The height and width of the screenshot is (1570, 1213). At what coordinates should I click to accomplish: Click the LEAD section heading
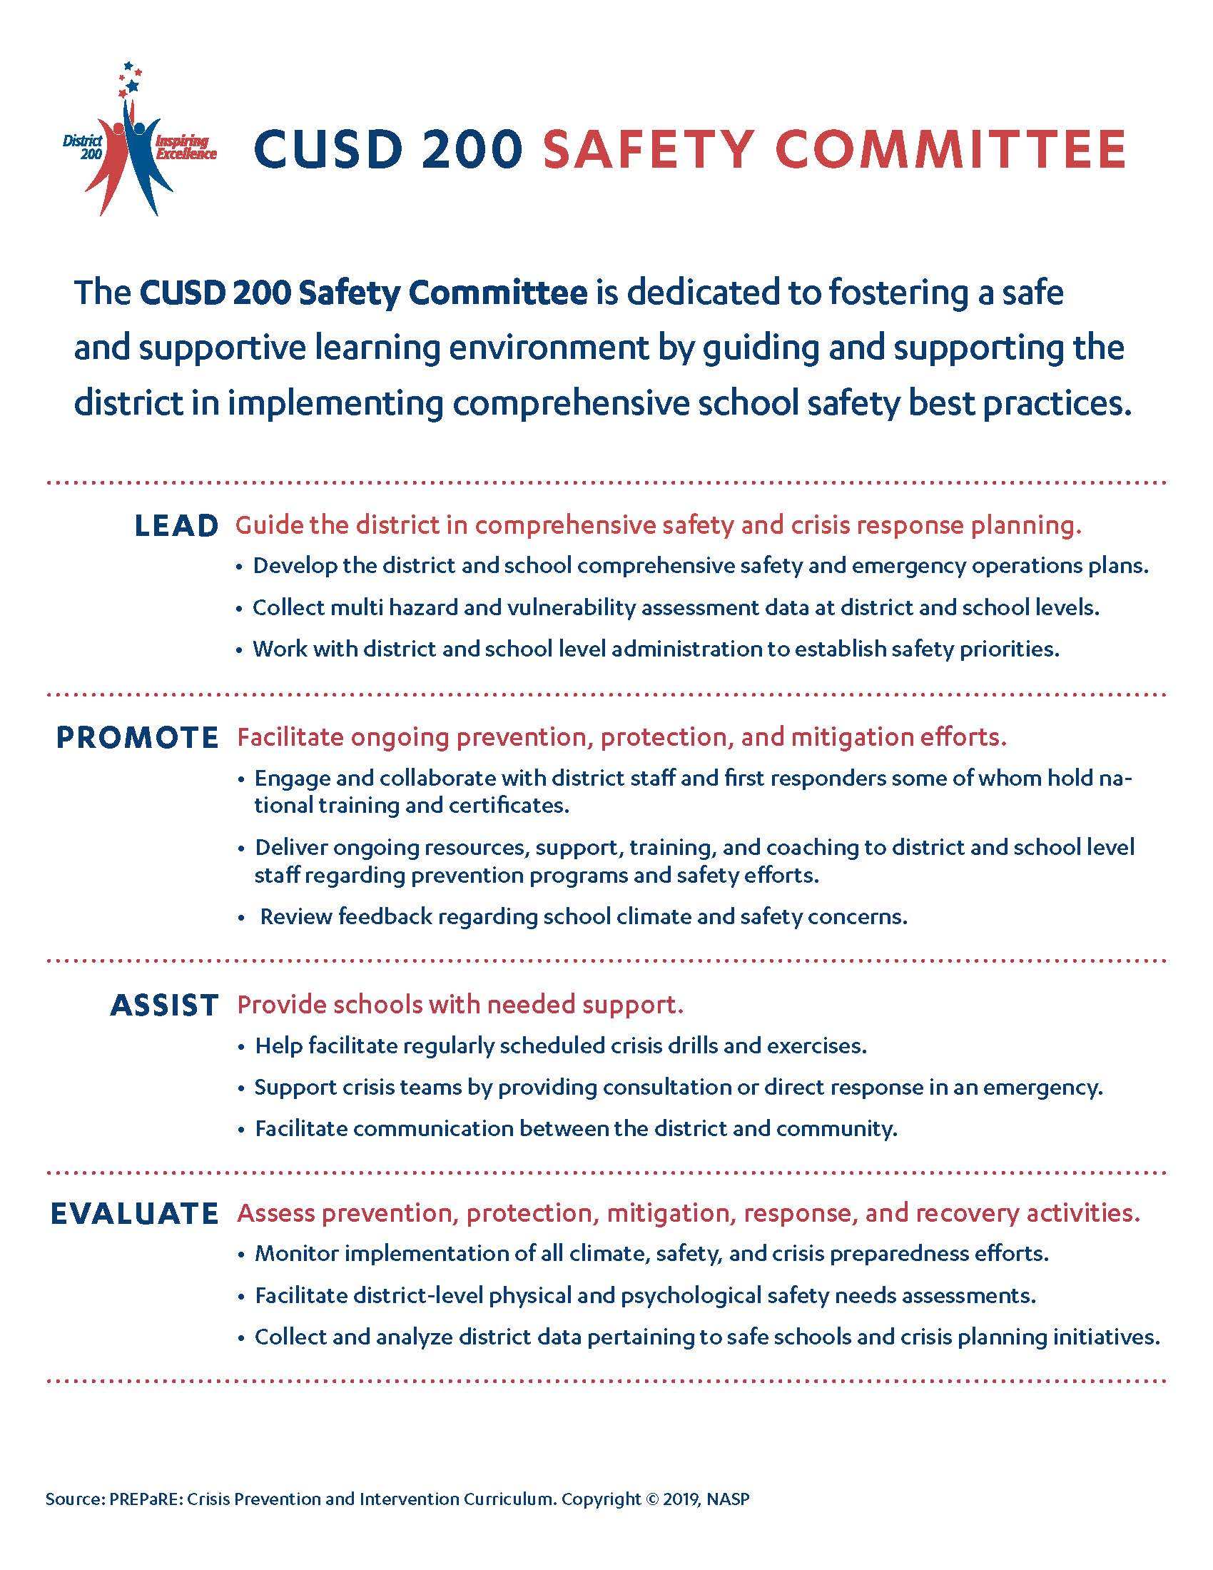click(x=176, y=526)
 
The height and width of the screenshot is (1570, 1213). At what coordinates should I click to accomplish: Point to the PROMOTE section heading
click(x=137, y=739)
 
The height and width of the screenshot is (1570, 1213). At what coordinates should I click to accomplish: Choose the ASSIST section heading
click(x=164, y=1005)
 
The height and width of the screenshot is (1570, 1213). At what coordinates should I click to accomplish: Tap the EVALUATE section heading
click(x=134, y=1213)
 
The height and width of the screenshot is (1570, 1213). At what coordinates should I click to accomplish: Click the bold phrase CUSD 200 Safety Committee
click(x=363, y=293)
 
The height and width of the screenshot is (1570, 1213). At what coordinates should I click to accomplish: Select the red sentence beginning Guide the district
click(x=658, y=525)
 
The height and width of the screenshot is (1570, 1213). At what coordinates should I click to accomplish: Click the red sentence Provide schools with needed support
click(x=460, y=1005)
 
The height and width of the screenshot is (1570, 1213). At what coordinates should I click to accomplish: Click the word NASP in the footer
click(x=728, y=1499)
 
